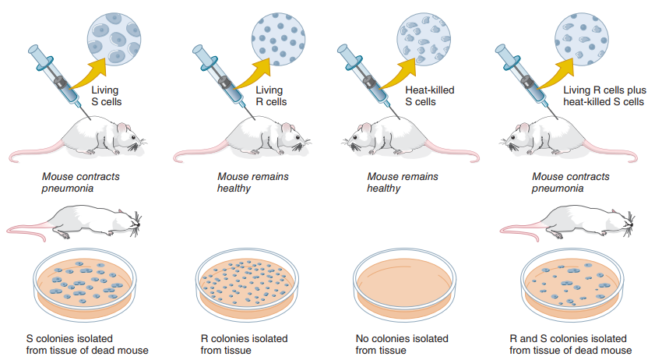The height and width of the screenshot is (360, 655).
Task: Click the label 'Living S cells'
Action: (x=107, y=96)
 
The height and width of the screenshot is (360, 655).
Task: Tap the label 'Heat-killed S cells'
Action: (x=429, y=96)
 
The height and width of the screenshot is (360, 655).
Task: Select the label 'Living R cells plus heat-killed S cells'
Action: (x=603, y=96)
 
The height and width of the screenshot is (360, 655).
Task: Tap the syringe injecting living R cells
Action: (x=222, y=79)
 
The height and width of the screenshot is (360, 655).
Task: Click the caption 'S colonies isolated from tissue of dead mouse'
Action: (x=86, y=344)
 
